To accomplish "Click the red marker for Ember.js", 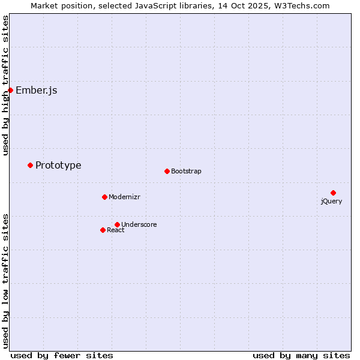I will click(10, 90).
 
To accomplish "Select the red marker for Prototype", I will click(30, 165).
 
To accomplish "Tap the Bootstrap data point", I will click(167, 171).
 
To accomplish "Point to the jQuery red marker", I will click(333, 193).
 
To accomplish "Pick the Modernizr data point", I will click(104, 197).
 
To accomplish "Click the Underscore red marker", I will click(117, 224).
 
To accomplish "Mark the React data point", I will click(103, 230).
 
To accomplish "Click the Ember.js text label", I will click(36, 91).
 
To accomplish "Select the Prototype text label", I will click(58, 166).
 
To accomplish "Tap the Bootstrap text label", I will click(186, 172).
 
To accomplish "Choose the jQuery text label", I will click(331, 202).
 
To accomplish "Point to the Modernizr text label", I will click(124, 197).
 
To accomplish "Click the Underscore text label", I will click(139, 225).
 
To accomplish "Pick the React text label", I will click(116, 230).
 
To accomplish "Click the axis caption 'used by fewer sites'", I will click(62, 355).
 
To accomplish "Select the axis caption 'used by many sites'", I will click(301, 355).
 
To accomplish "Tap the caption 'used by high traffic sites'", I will click(6, 85).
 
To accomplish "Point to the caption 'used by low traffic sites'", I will click(6, 281).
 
